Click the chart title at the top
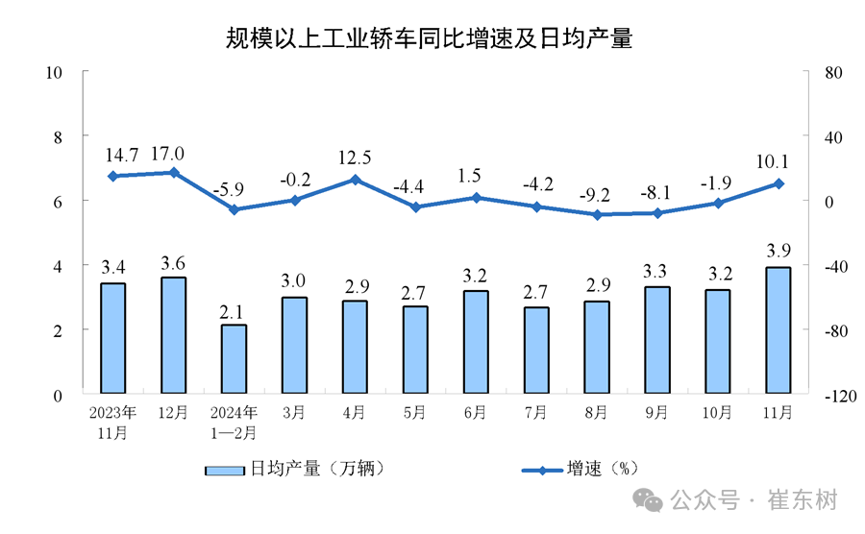click(429, 38)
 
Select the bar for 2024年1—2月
click(234, 359)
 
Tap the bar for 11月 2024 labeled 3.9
click(778, 330)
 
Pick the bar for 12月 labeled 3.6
click(173, 335)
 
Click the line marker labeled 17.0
click(174, 173)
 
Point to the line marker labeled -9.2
click(597, 215)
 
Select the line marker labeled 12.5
click(356, 180)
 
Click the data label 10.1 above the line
click(773, 161)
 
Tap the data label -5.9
click(229, 189)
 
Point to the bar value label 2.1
click(231, 312)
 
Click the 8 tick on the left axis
click(58, 137)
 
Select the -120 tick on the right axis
click(841, 396)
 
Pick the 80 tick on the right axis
click(833, 73)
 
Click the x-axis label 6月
click(475, 412)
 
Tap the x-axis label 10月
click(717, 412)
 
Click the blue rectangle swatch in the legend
click(225, 471)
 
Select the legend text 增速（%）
click(603, 469)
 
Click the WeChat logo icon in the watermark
click(647, 500)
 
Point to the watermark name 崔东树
click(803, 500)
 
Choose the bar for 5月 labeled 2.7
click(415, 350)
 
